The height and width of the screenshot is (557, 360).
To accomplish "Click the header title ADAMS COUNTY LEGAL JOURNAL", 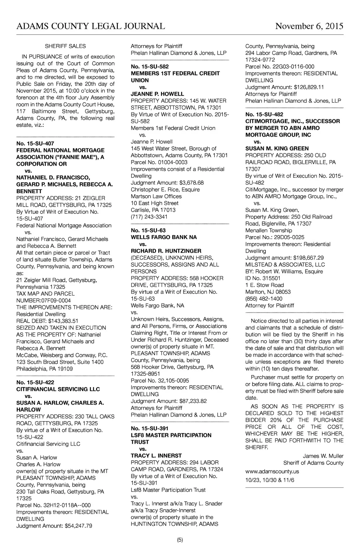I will click(x=90, y=26).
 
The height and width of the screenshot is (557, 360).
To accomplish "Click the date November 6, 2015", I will click(x=309, y=26).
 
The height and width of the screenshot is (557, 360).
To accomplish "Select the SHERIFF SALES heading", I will click(x=65, y=46).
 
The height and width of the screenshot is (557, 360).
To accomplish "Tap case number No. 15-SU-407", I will click(x=35, y=144).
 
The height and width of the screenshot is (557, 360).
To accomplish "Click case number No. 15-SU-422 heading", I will click(x=35, y=382).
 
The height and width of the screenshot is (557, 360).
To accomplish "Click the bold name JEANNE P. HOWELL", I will click(x=157, y=94).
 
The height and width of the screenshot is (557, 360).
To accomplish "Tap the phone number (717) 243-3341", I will click(x=149, y=217).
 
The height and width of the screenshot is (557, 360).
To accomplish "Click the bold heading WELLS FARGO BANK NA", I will click(x=164, y=238).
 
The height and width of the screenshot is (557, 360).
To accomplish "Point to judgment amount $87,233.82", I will click(x=193, y=401).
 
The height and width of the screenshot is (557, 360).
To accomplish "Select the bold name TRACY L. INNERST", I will click(x=156, y=456).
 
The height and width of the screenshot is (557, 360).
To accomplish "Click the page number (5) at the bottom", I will click(x=180, y=540).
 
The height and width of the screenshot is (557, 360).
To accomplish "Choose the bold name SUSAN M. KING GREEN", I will click(x=277, y=148).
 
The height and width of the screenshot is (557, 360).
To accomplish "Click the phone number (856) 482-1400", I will click(x=264, y=299).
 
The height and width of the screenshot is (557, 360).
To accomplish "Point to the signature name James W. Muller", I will click(x=323, y=456).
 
